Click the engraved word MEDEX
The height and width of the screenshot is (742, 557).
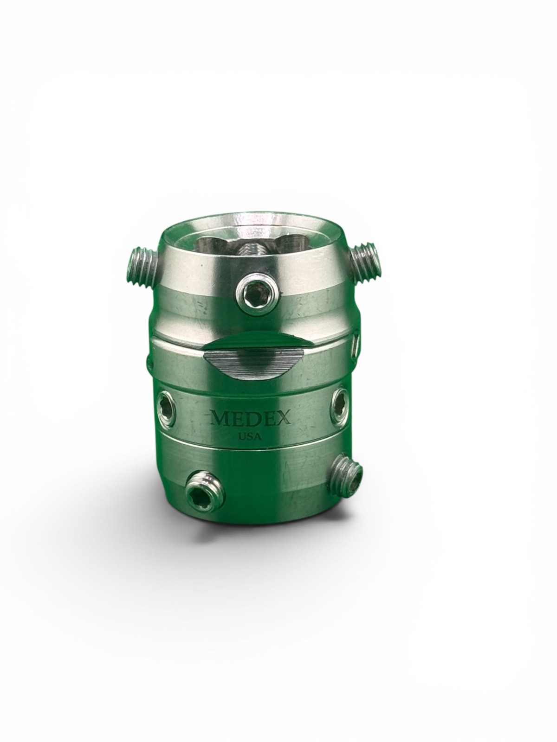pos(250,418)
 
